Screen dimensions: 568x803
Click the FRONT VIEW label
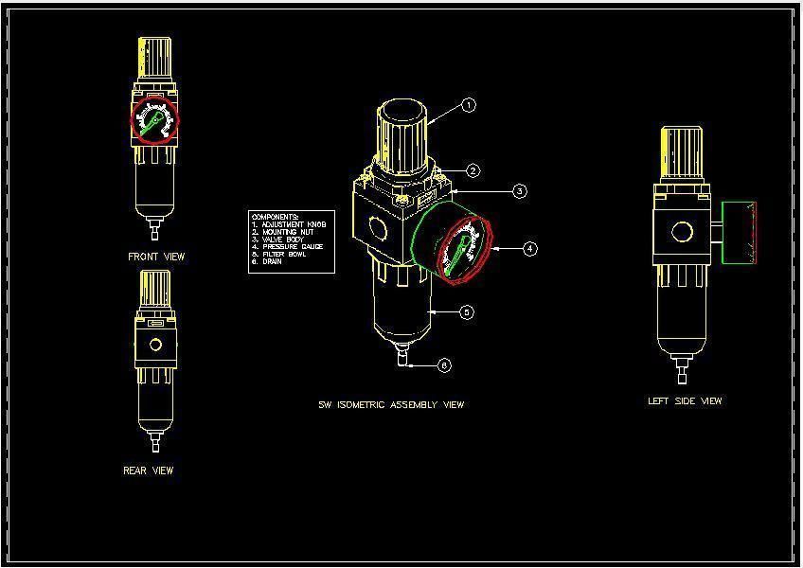click(x=156, y=257)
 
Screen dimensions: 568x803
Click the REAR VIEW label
click(x=149, y=470)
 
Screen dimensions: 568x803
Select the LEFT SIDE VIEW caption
click(x=685, y=401)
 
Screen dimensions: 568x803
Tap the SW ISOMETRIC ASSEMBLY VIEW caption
click(x=391, y=405)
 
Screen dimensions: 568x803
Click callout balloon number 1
click(x=469, y=106)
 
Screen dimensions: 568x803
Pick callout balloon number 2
click(x=473, y=171)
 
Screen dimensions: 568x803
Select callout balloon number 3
click(x=520, y=191)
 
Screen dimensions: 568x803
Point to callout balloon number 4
click(x=529, y=249)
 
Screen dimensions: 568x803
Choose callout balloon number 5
click(x=466, y=312)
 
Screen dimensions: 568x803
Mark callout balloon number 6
click(x=444, y=365)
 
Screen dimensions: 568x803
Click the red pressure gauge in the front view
click(x=154, y=120)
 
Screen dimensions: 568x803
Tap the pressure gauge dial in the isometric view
click(x=463, y=250)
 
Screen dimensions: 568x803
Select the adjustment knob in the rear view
click(x=155, y=288)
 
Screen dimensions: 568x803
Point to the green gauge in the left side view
click(x=740, y=232)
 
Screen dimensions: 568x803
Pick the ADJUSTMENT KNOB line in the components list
click(x=294, y=224)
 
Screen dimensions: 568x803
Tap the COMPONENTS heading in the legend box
click(x=276, y=217)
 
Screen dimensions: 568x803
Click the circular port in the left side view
click(x=682, y=232)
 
